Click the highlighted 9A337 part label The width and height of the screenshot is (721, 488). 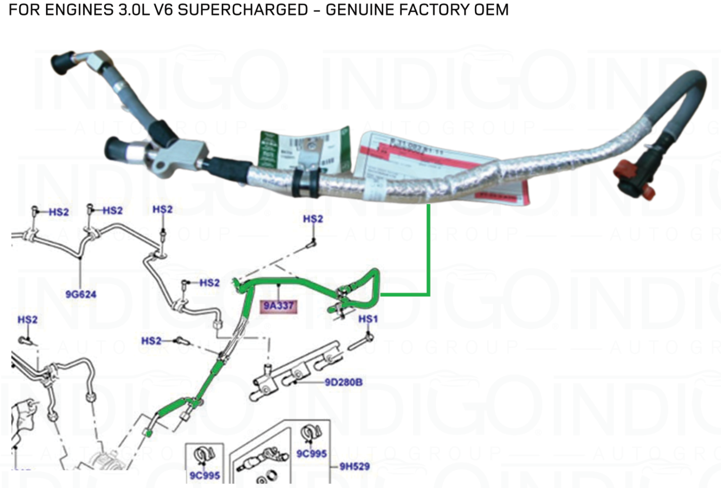click(278, 306)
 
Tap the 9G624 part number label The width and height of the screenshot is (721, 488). click(81, 295)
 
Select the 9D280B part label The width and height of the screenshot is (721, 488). click(343, 382)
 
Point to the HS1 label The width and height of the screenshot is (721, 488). click(368, 319)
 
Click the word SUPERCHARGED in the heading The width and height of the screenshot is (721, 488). click(243, 9)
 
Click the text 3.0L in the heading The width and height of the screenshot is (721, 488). click(134, 9)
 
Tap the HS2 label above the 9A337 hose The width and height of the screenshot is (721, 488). click(313, 219)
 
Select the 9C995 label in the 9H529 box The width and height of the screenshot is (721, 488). click(311, 453)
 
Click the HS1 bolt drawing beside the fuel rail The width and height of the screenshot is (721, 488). click(360, 343)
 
